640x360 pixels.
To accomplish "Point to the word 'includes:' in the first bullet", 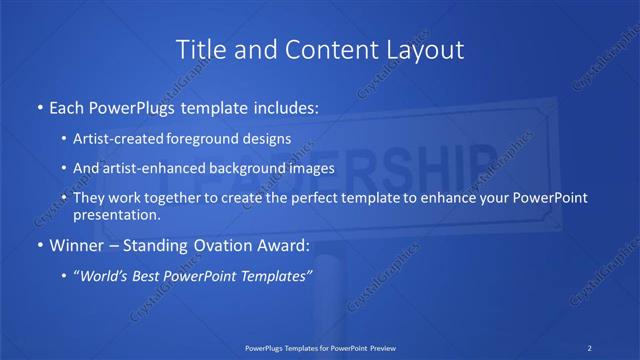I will pyautogui.click(x=286, y=105).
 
